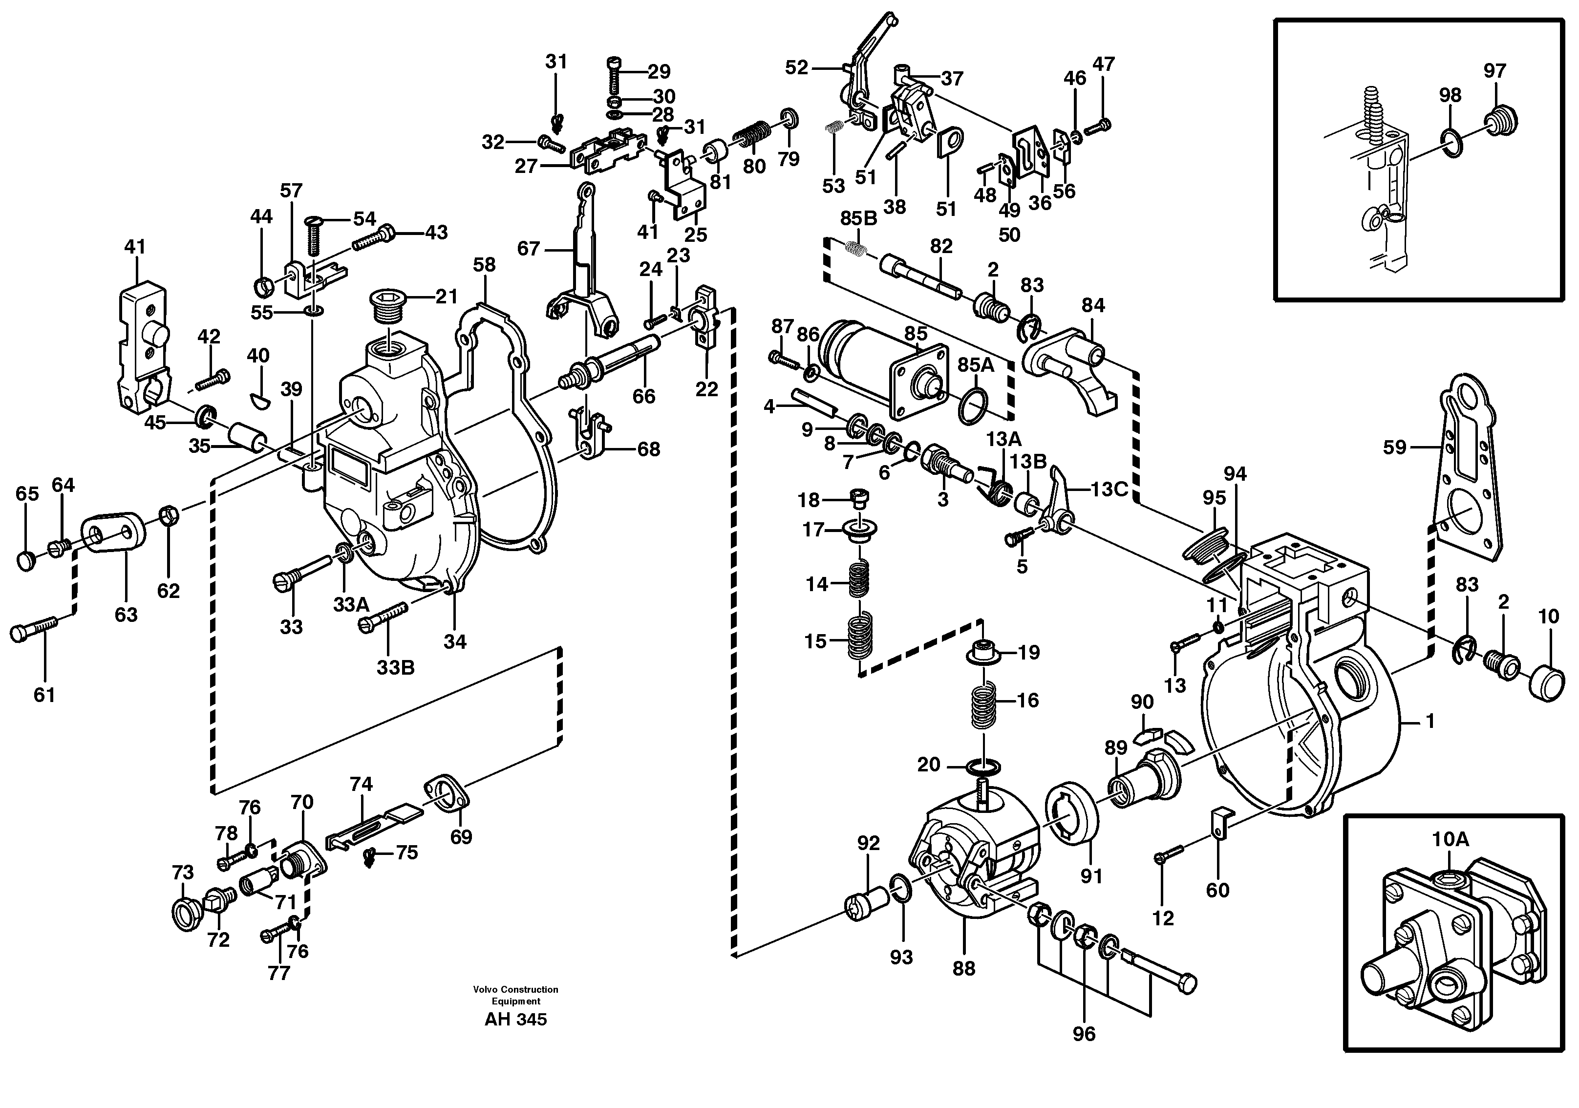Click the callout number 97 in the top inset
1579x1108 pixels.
1494,71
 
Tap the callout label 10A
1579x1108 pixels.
1451,839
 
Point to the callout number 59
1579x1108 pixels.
1395,447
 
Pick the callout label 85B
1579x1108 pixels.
858,219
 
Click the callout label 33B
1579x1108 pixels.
395,667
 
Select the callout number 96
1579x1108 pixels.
1084,1034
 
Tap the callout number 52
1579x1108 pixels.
796,67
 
